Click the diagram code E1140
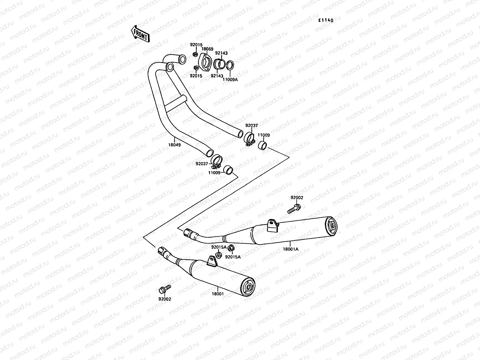pos(326,20)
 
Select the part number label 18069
pos(207,49)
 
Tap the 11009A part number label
pos(230,80)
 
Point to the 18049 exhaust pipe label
pos(174,144)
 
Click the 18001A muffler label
pos(290,249)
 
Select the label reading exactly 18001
pos(218,294)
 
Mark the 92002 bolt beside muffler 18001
pos(164,289)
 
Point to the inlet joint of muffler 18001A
pos(188,232)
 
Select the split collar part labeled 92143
pos(220,64)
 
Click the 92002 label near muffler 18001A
pos(296,198)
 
